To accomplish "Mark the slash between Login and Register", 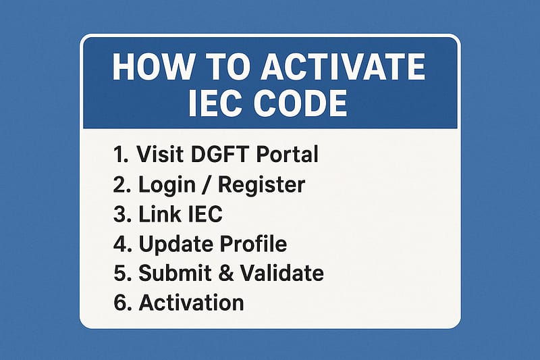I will pos(203,184).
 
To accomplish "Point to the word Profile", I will pos(250,244).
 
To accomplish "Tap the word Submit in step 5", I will pos(173,274).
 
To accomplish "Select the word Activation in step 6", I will pos(191,303).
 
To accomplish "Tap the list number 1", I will pos(120,154).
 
